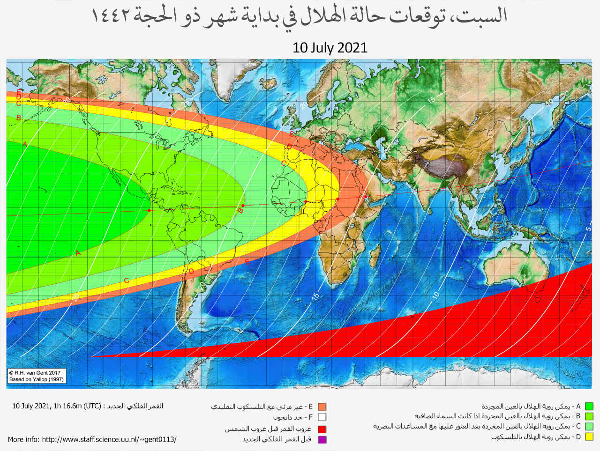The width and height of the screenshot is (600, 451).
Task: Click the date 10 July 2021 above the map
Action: [x=330, y=48]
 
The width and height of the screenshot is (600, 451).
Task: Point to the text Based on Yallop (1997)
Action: [x=36, y=379]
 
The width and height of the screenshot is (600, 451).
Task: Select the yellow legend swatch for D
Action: [x=589, y=437]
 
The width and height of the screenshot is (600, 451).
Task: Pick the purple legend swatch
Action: [x=322, y=439]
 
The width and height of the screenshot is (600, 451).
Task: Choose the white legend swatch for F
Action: [x=322, y=417]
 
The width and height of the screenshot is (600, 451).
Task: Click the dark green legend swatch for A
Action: [x=589, y=407]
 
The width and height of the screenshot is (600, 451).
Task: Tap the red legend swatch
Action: [x=322, y=429]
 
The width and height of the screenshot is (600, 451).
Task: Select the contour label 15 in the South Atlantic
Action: [x=315, y=296]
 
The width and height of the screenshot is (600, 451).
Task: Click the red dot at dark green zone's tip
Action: [x=149, y=211]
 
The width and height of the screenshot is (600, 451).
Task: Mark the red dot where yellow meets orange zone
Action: [x=337, y=199]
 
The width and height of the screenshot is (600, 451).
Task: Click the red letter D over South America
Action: [x=191, y=271]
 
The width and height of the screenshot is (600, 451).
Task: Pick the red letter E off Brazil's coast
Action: [x=247, y=262]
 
